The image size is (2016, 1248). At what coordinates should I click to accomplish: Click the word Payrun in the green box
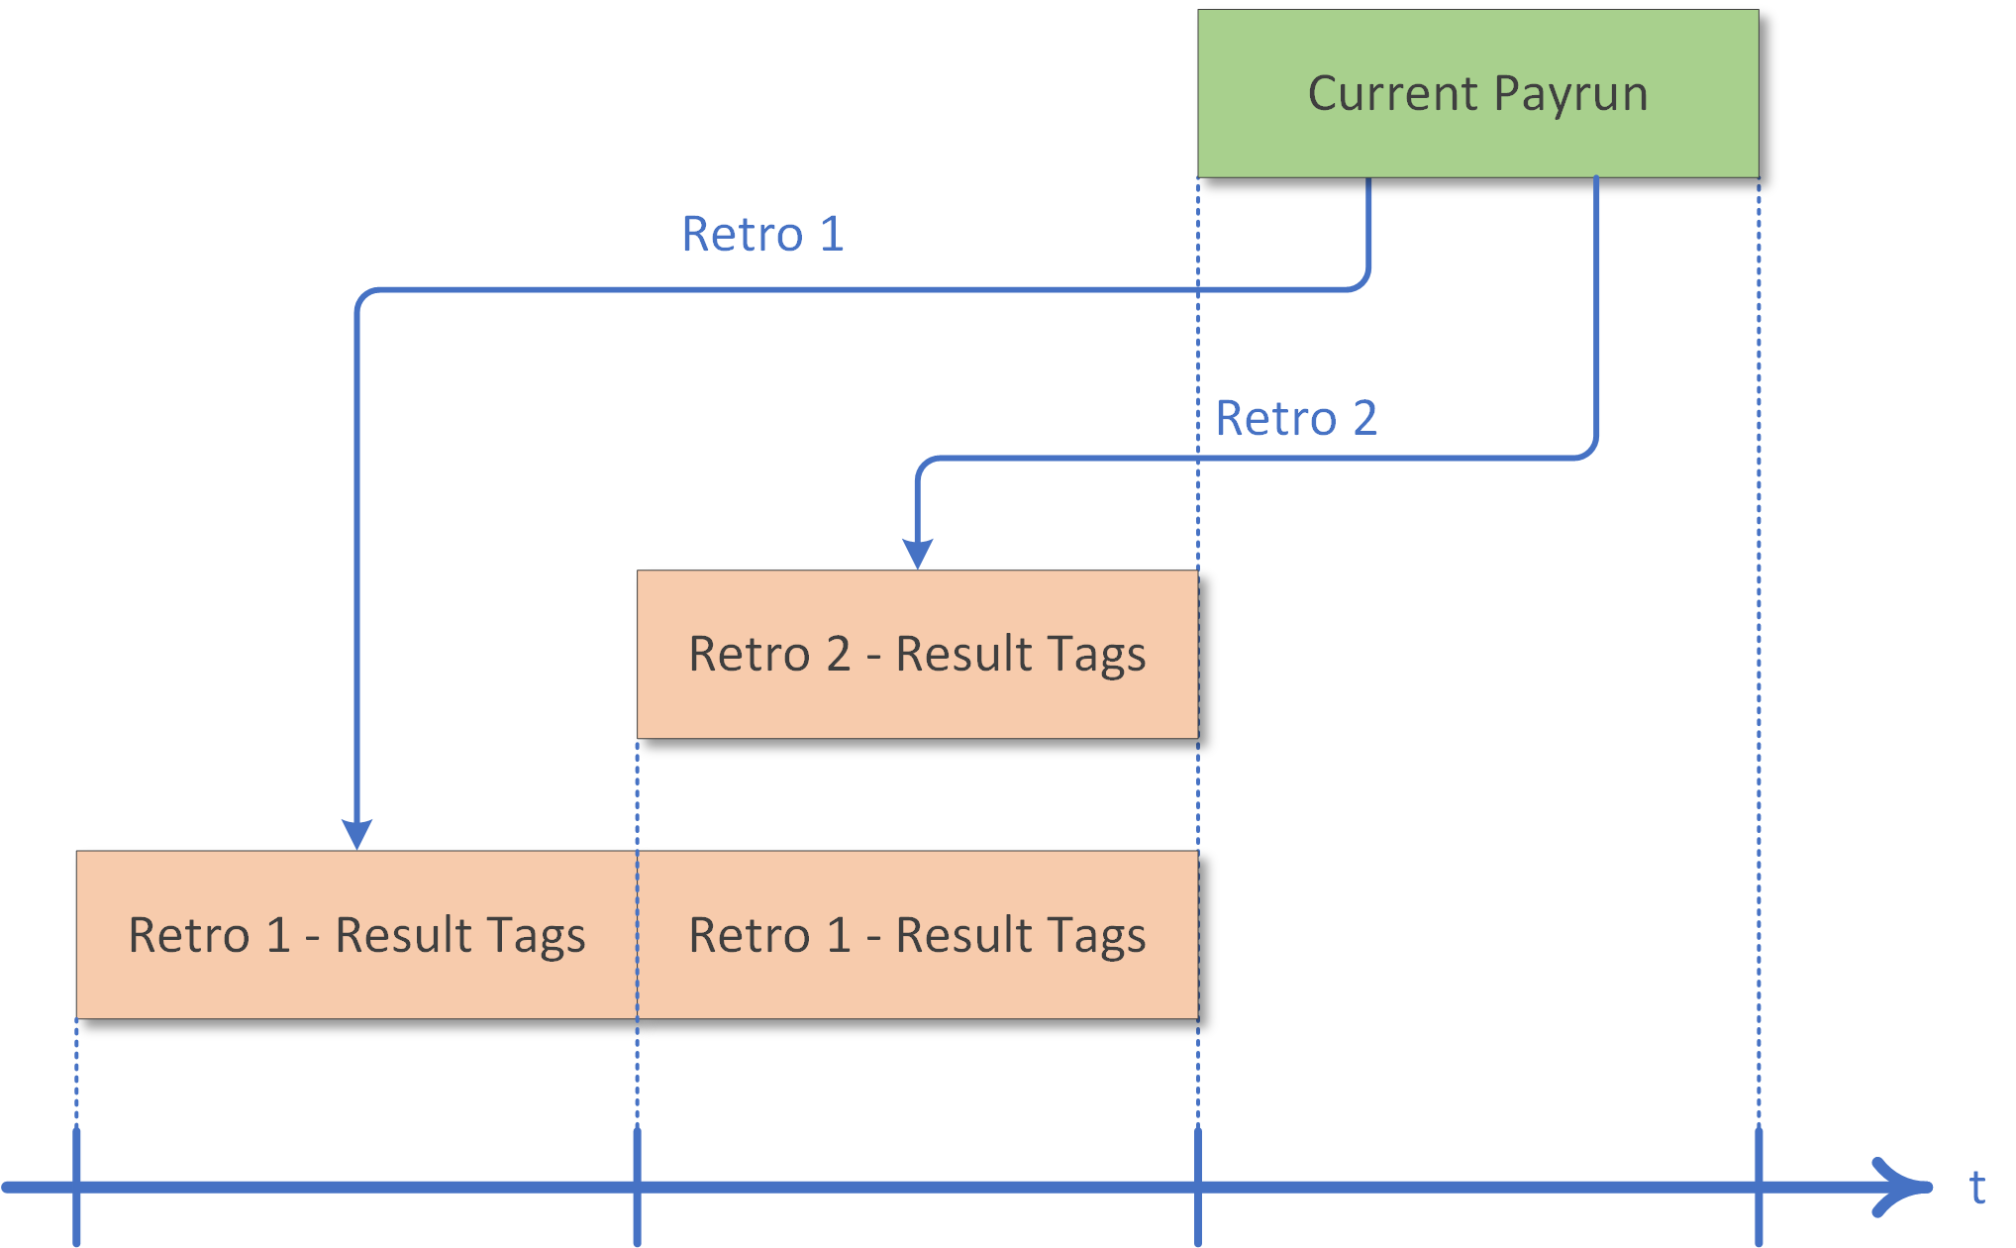1570,95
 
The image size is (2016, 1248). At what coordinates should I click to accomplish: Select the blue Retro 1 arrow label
762,235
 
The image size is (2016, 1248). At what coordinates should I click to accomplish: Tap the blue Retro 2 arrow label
1295,418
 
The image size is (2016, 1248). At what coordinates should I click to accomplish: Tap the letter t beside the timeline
1976,1187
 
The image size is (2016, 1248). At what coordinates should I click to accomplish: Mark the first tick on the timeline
76,1187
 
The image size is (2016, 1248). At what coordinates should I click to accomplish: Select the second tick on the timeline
637,1187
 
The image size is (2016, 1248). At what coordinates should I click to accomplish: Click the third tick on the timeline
1198,1187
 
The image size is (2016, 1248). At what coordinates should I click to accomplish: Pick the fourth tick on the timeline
1759,1187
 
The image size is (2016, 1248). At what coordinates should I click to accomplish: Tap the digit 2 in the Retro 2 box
838,655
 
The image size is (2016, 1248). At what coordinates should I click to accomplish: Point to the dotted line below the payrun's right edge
1759,644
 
